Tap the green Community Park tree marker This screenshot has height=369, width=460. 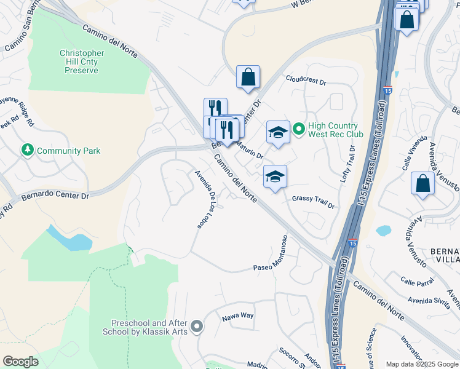[x=27, y=150]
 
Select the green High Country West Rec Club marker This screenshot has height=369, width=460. [x=299, y=129]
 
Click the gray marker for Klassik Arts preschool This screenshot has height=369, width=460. [x=196, y=326]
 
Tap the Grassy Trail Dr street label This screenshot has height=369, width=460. [x=313, y=201]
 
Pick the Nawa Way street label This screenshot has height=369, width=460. [x=237, y=315]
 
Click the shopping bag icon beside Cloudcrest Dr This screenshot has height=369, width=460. [x=248, y=77]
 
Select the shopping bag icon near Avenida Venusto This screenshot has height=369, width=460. [x=422, y=184]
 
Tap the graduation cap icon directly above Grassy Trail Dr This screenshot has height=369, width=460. [x=275, y=177]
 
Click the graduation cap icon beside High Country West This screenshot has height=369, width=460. [x=277, y=132]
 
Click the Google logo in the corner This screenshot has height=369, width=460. [x=20, y=362]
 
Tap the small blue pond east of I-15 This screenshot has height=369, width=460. [x=383, y=231]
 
